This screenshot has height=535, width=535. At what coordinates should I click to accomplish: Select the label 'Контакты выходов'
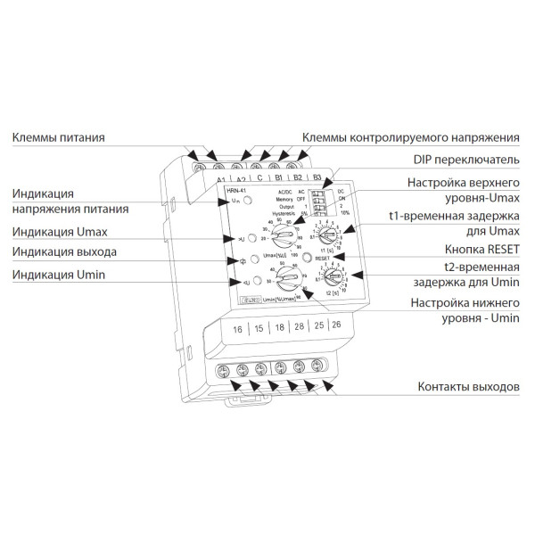[x=469, y=387]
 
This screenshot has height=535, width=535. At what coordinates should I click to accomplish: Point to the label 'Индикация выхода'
[x=63, y=252]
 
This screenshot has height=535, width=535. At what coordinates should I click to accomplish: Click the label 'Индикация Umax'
[x=59, y=230]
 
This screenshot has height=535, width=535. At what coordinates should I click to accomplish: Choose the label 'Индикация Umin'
[x=59, y=276]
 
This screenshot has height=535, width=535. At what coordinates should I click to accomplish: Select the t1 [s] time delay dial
[x=327, y=235]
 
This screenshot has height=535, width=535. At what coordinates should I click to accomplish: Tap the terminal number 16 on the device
[x=237, y=330]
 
